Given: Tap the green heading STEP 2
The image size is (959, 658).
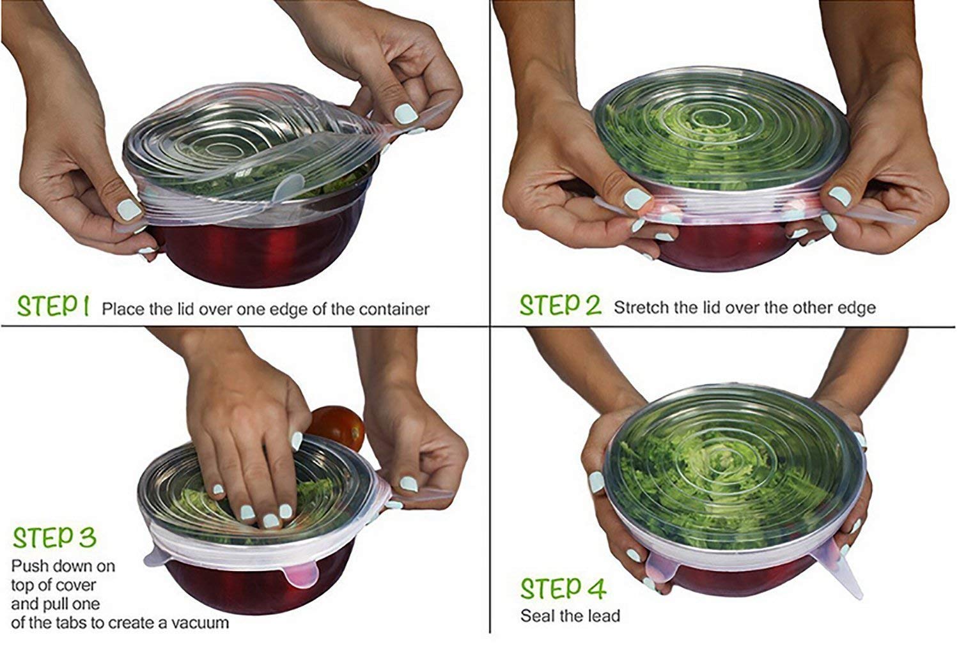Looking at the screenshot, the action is tap(561, 305).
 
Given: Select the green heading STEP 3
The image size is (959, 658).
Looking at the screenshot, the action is tap(54, 538).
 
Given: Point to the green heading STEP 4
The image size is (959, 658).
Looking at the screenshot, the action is tap(563, 588).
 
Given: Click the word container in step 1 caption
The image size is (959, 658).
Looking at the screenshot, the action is tap(394, 309).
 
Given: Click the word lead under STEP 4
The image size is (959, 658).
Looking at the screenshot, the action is tap(604, 616).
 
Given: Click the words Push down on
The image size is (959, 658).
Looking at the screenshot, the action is tap(63, 566).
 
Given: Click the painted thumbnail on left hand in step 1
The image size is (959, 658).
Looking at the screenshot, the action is tap(129, 210).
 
